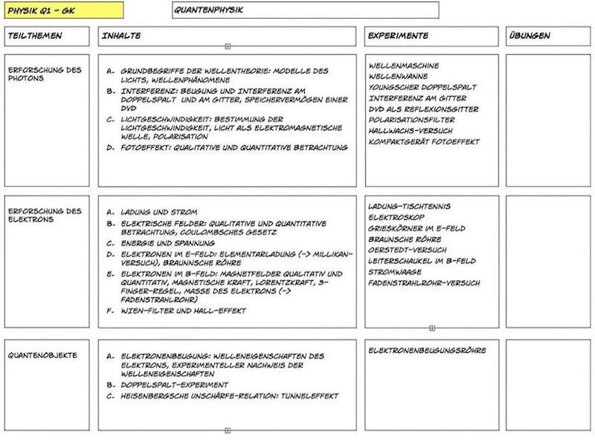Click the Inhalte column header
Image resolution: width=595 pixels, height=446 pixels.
click(123, 36)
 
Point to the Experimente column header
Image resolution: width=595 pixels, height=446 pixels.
click(398, 36)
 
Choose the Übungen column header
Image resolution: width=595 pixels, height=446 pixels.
click(530, 36)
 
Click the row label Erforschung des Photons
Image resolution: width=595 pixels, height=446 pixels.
click(44, 74)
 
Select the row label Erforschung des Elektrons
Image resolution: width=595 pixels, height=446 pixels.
click(44, 216)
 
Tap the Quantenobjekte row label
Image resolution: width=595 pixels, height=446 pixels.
click(42, 355)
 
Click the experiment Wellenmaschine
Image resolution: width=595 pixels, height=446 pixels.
click(404, 65)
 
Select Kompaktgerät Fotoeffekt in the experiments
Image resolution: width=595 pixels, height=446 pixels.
click(424, 141)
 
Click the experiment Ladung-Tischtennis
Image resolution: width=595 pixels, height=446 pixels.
click(409, 207)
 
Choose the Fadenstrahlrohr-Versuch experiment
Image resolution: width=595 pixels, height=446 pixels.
click(424, 283)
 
